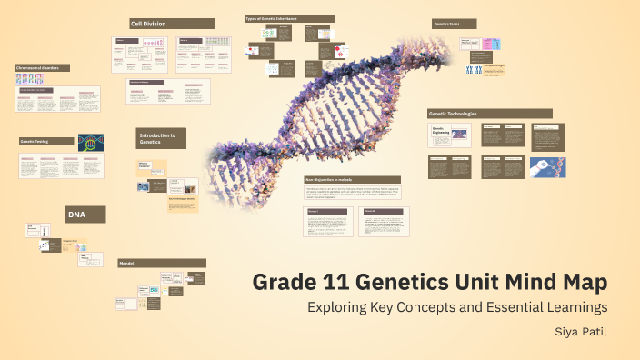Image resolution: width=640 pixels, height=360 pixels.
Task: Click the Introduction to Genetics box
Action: tap(165, 138)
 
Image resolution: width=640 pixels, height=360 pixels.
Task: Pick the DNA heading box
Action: tap(85, 215)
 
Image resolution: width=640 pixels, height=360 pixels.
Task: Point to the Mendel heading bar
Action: tap(161, 264)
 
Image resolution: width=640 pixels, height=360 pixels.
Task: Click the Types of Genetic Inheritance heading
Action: tap(287, 18)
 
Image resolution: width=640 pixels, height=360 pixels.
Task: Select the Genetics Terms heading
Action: tap(455, 24)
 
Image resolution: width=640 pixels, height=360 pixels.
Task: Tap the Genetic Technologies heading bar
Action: tap(489, 114)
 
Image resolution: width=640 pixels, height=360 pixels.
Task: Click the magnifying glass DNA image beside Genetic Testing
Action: tap(90, 143)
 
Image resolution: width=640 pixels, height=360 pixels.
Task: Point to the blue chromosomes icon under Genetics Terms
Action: tap(473, 69)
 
